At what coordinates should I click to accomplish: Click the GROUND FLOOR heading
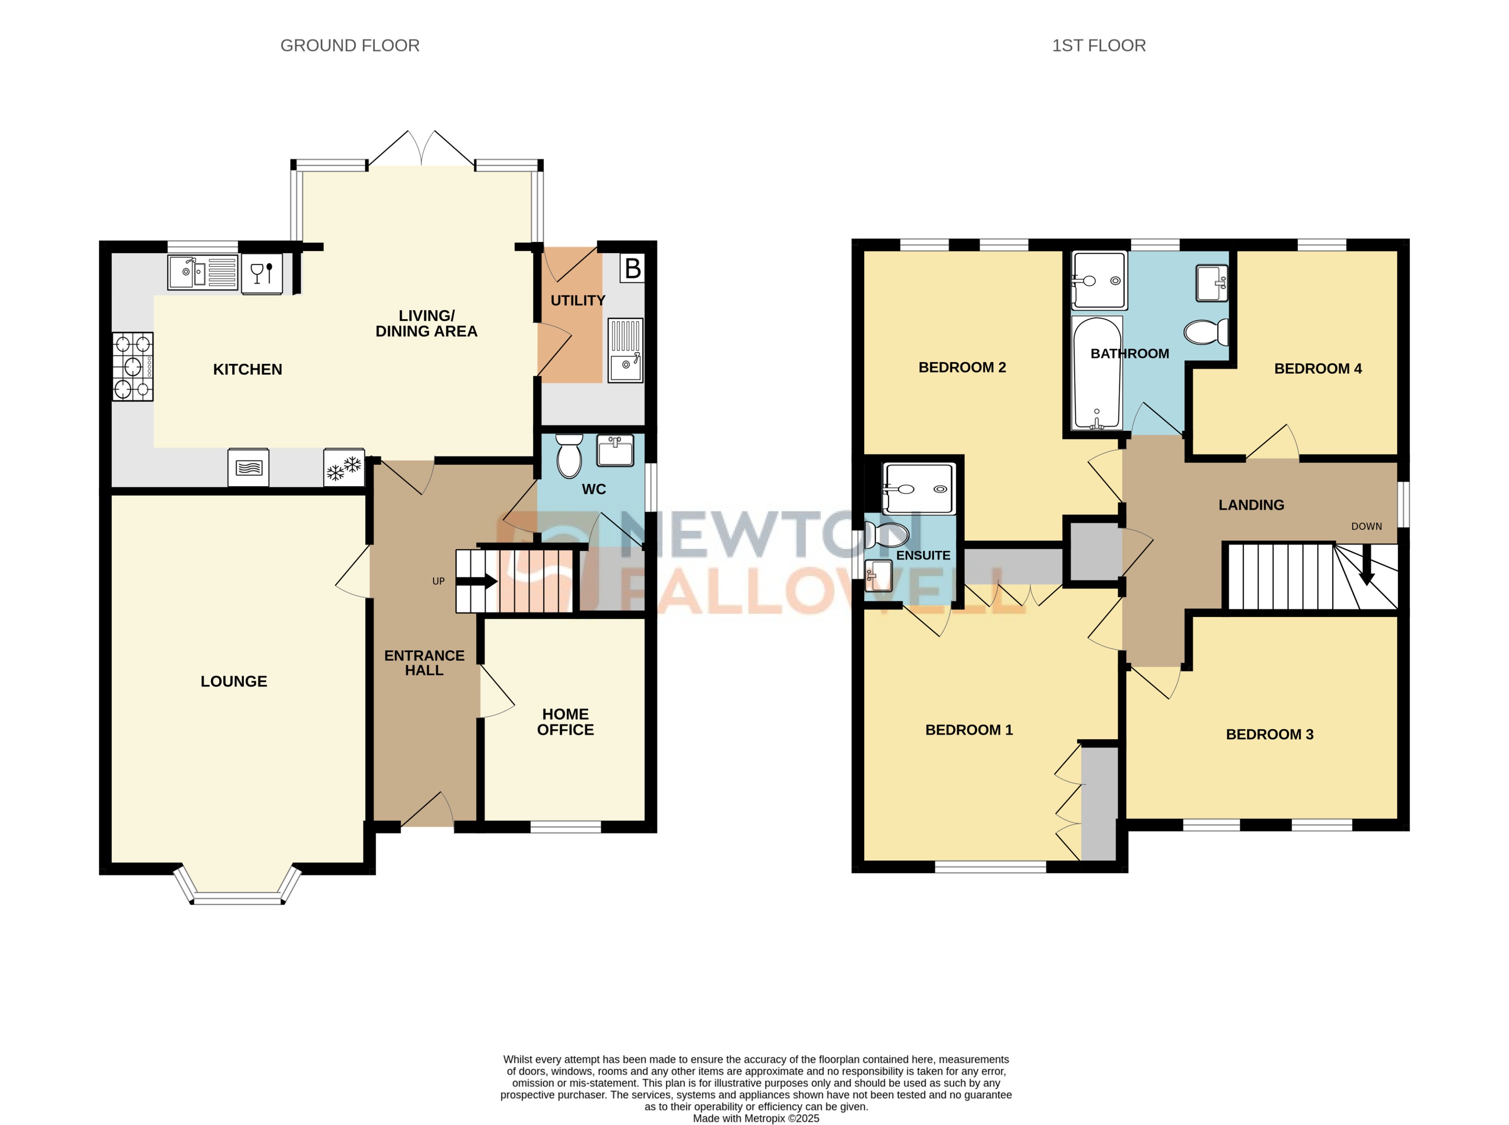pos(350,46)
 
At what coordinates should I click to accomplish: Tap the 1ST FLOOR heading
pos(1098,46)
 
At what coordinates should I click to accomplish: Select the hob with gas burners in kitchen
pos(133,367)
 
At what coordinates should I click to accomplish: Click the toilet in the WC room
pos(569,456)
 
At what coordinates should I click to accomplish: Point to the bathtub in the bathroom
pos(1096,373)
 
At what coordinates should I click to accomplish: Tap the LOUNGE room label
pos(234,681)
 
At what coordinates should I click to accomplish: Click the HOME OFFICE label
pos(565,722)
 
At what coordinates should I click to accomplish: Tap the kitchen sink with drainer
pos(202,272)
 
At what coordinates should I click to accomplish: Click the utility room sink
pos(625,351)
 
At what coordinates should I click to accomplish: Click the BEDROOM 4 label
pos(1317,368)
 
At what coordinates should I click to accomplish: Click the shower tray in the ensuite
pos(918,488)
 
